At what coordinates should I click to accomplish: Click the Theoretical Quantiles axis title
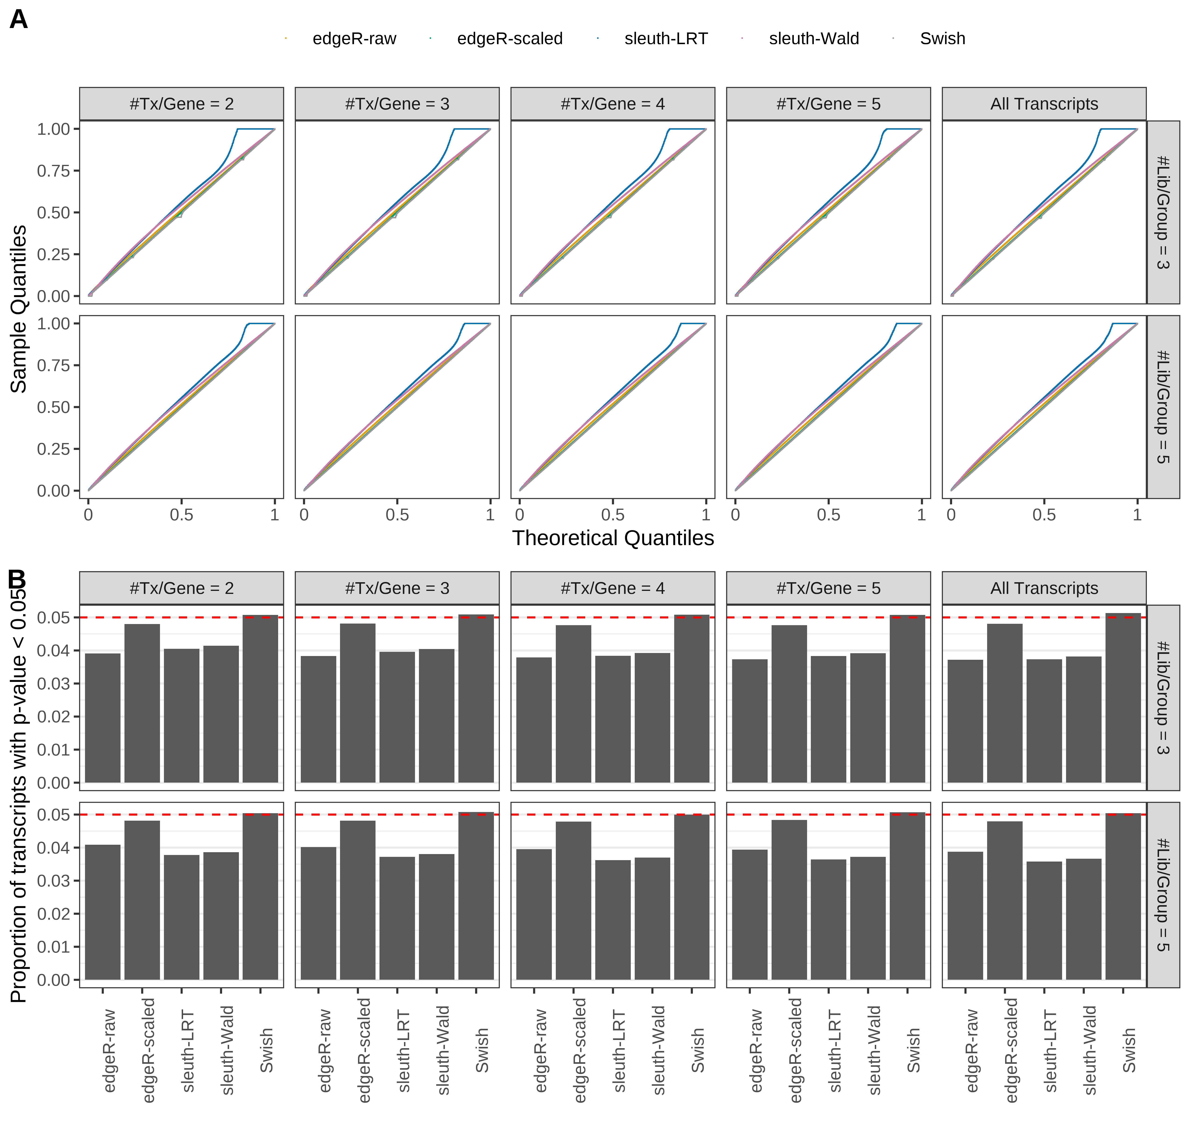[x=612, y=538]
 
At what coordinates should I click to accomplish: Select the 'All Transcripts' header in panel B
[x=1044, y=588]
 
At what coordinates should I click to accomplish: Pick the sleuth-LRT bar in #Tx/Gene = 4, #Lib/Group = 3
[x=612, y=719]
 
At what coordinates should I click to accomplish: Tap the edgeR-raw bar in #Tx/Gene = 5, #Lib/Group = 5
[x=749, y=914]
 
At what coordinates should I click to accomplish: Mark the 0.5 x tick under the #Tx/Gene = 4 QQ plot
[x=612, y=515]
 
